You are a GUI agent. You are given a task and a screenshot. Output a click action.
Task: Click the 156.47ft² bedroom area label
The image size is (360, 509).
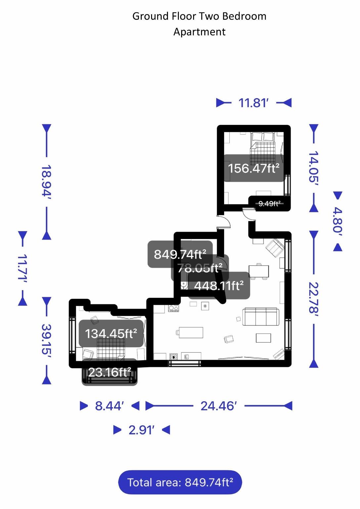click(254, 168)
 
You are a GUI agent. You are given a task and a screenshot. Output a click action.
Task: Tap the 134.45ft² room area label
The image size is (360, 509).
click(111, 333)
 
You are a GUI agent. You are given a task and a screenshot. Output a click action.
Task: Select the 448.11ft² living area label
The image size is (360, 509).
click(219, 286)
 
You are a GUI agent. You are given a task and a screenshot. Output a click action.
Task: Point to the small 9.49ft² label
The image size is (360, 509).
click(269, 204)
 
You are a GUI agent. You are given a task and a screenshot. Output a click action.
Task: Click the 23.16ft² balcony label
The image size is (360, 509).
click(109, 372)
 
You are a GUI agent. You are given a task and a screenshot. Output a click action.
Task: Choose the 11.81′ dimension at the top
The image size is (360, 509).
click(253, 103)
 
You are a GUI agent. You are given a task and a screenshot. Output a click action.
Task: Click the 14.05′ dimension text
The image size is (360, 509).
click(313, 167)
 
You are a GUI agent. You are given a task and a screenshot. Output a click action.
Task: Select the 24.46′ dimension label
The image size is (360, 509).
click(219, 406)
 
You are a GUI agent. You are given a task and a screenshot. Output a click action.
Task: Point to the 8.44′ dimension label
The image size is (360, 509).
click(109, 406)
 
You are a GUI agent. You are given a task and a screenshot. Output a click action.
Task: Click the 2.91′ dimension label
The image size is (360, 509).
click(141, 430)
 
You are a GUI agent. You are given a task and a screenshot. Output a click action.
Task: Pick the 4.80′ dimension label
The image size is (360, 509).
click(337, 221)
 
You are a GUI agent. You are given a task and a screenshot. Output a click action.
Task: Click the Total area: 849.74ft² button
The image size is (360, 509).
click(180, 483)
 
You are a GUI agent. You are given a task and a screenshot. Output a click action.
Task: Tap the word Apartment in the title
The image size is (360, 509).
click(199, 32)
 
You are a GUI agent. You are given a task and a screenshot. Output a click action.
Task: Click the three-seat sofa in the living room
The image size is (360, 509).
click(261, 317)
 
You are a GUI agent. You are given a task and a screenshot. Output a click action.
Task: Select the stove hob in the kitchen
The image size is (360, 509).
click(174, 308)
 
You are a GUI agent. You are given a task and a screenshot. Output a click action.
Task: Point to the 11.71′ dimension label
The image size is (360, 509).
click(22, 268)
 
